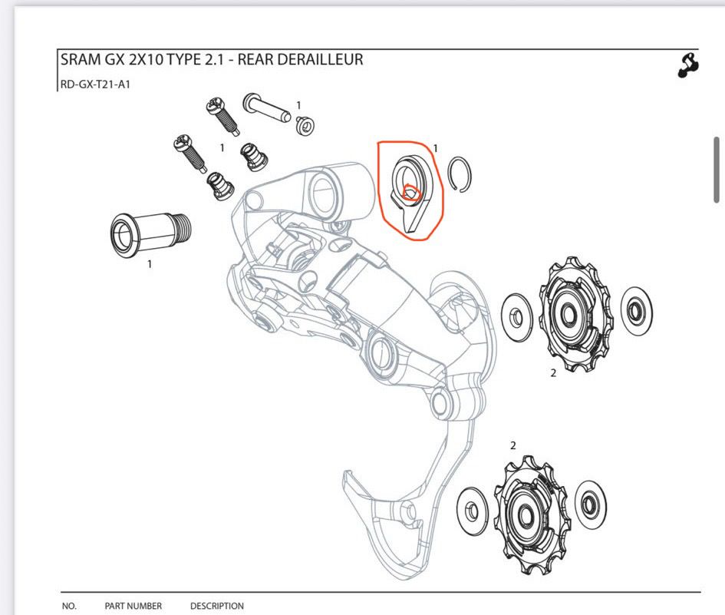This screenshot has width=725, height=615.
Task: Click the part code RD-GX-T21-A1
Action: pos(95,84)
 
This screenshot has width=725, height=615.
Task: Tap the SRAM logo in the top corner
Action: pos(688,65)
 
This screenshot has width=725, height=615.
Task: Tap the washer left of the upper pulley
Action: pos(517,317)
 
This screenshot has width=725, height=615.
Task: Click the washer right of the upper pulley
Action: pos(637,309)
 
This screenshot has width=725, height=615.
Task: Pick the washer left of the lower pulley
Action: pos(472,511)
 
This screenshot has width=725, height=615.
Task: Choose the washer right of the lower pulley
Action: pos(591,504)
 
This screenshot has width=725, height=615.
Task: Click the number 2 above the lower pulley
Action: pos(512,445)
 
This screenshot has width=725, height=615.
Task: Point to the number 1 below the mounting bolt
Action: pos(150,264)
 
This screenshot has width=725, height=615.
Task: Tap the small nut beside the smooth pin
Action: pos(305,125)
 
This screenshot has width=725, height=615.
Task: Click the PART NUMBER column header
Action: pos(133,606)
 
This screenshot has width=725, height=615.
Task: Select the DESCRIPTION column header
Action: pos(217,606)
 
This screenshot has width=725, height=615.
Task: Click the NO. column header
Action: pos(69,606)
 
